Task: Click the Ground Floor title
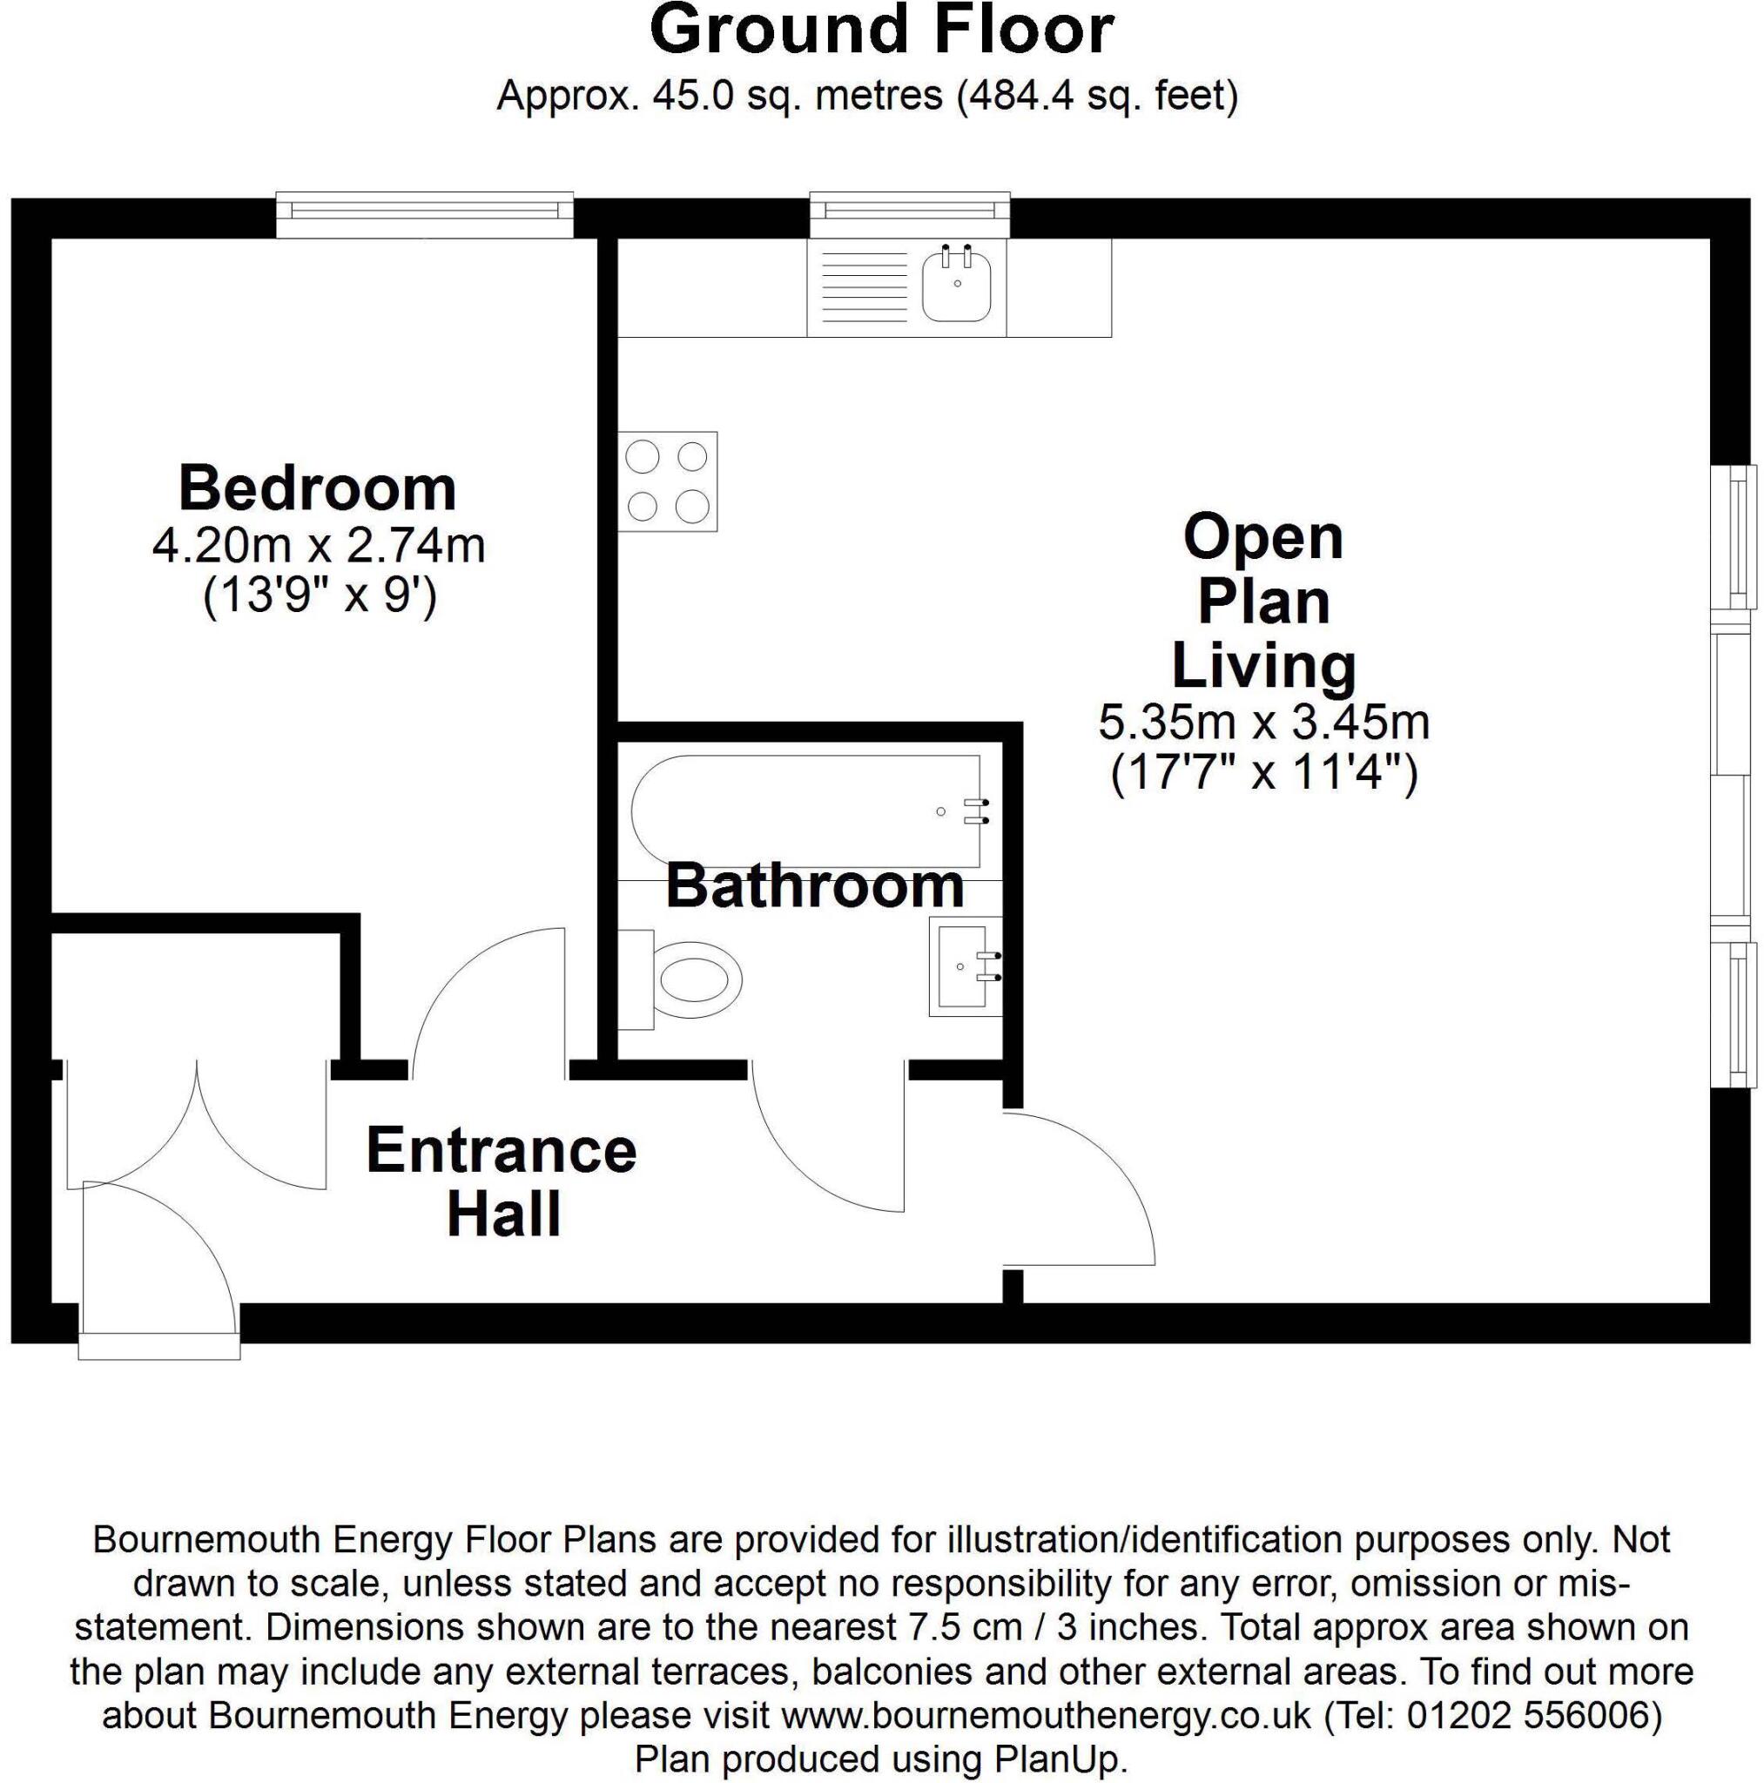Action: [881, 31]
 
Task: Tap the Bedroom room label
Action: [317, 488]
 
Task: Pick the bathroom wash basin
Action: [965, 966]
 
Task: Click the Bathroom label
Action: [814, 886]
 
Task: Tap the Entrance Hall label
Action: [502, 1181]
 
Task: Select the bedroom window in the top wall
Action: [425, 212]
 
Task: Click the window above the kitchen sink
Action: [909, 212]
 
